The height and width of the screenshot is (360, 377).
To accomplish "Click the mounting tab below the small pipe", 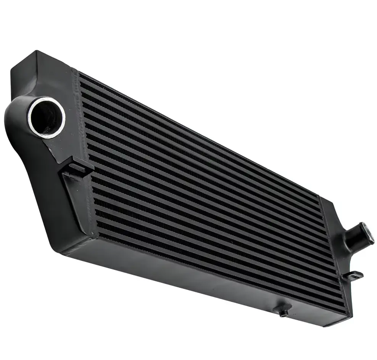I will [353, 274].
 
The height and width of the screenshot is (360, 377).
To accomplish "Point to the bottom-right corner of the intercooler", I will [345, 321].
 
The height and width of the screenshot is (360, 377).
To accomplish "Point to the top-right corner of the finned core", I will [319, 197].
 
